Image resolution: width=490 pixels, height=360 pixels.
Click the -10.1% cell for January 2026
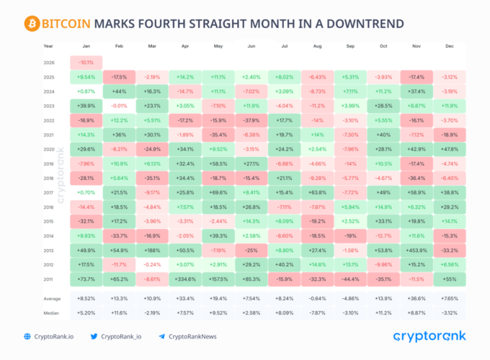86,62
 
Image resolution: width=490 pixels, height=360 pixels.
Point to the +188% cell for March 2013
152,250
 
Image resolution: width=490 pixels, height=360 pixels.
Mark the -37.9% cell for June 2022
252,120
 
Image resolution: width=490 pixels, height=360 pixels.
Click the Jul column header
285,45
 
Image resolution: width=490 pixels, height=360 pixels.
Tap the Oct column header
385,45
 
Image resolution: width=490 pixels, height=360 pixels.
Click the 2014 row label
48,236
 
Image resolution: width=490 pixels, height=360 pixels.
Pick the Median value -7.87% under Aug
318,313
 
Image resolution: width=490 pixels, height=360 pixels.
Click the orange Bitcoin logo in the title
31,23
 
